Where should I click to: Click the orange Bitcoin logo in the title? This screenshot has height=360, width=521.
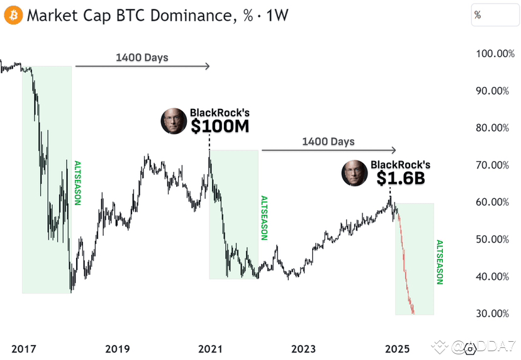13,14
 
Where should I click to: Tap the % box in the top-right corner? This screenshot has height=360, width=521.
495,14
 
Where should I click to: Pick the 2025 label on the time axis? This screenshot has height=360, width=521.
397,348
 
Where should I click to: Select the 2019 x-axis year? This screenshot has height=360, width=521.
118,348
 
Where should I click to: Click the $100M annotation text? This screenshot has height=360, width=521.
220,126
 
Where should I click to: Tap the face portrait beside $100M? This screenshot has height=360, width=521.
174,121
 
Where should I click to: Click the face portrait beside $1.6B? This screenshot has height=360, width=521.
354,173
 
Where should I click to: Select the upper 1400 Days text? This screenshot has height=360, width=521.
142,57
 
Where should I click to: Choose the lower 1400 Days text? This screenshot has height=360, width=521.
328,142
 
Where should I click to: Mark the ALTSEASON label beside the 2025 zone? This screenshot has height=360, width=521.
439,262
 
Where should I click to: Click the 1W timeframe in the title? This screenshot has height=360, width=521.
277,14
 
